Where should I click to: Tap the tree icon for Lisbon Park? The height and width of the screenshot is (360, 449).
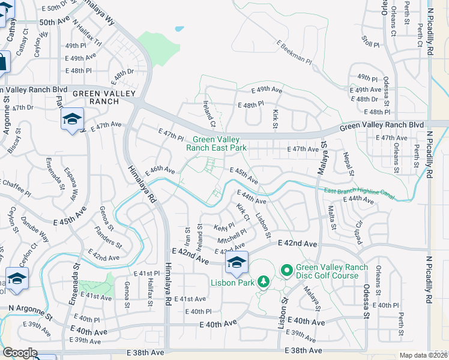point(263,281)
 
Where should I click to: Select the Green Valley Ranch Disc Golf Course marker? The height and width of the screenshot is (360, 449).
point(286,272)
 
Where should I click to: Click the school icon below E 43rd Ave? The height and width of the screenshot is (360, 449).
point(237,262)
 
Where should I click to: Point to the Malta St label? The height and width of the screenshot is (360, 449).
point(332,218)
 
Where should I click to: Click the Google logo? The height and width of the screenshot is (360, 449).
point(20,353)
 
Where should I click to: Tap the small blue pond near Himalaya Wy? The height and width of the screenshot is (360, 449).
point(178,28)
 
